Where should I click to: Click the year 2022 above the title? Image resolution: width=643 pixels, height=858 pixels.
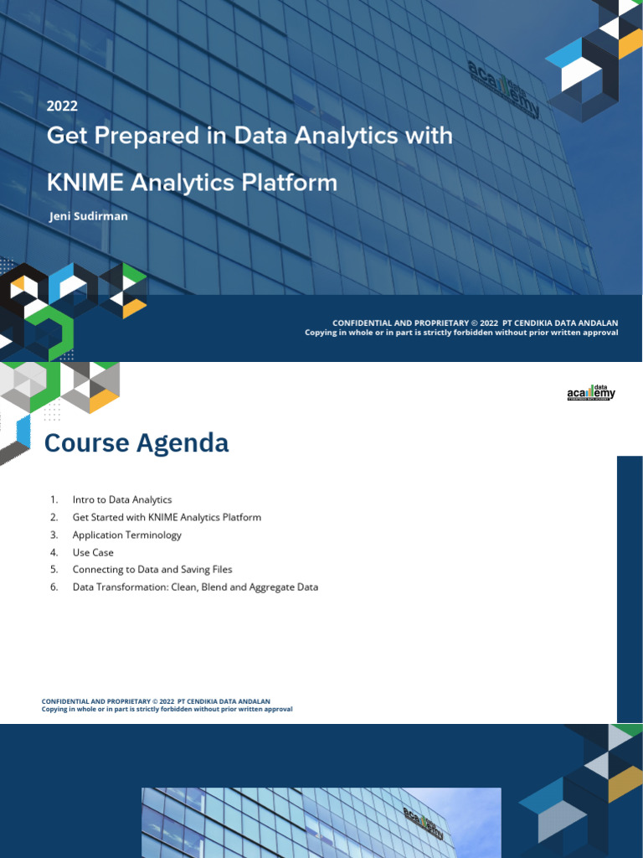click(62, 106)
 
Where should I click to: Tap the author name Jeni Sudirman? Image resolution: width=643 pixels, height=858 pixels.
click(89, 216)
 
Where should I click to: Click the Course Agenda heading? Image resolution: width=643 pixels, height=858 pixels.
click(136, 442)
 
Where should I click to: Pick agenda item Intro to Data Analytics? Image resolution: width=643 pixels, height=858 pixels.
click(122, 499)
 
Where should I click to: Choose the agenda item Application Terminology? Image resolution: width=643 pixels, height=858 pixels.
click(126, 535)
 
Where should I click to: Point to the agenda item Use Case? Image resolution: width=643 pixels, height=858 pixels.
click(93, 552)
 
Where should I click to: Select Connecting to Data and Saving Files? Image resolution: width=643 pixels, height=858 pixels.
click(152, 570)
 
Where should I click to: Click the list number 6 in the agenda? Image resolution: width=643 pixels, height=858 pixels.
click(54, 587)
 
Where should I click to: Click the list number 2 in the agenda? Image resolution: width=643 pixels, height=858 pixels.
click(54, 517)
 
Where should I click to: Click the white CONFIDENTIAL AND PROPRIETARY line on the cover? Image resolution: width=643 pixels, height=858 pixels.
click(476, 323)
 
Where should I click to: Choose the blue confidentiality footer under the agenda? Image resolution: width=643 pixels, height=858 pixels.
click(167, 705)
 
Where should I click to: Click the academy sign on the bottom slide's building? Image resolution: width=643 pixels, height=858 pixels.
click(424, 823)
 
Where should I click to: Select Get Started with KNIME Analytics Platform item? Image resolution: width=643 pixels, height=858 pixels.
click(167, 517)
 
